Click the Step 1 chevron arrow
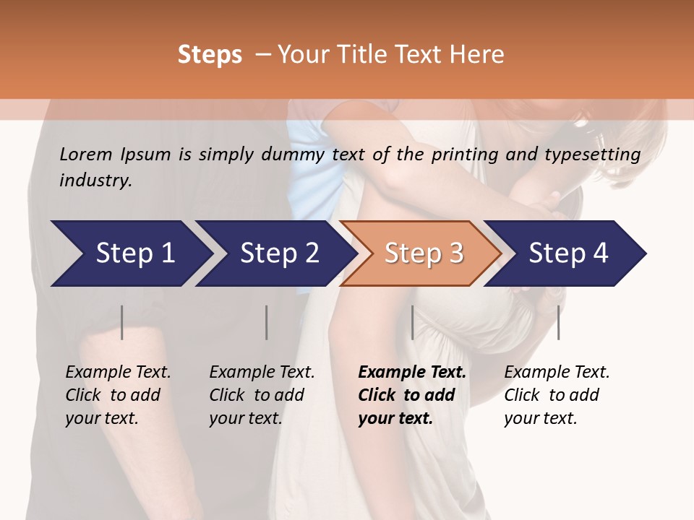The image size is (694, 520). coord(130,253)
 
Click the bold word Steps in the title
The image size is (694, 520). coord(210,55)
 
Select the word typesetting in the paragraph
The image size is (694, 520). coord(599,154)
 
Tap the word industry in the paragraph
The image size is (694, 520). coord(95,180)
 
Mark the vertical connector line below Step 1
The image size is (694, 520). coord(122,322)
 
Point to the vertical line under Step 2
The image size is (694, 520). coord(267,322)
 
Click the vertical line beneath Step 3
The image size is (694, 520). coord(412,322)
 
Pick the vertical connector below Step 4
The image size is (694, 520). coord(558,322)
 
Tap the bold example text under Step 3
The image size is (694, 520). coord(411,395)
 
